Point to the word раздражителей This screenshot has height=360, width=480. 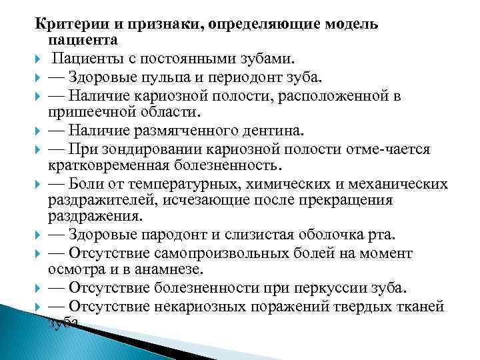click(107, 200)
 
